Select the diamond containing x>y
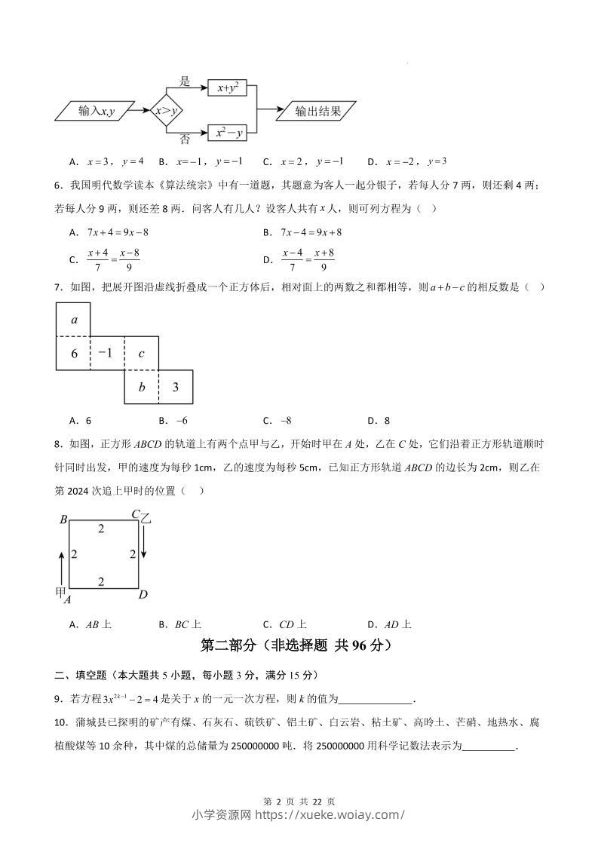tap(166, 112)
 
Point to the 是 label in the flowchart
tap(185, 81)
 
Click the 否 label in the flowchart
tap(185, 139)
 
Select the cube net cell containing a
tap(73, 319)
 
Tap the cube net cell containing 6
tap(73, 353)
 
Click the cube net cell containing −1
tap(107, 353)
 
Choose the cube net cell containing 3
tap(175, 387)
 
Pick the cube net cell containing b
tap(141, 387)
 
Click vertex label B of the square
tap(64, 520)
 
